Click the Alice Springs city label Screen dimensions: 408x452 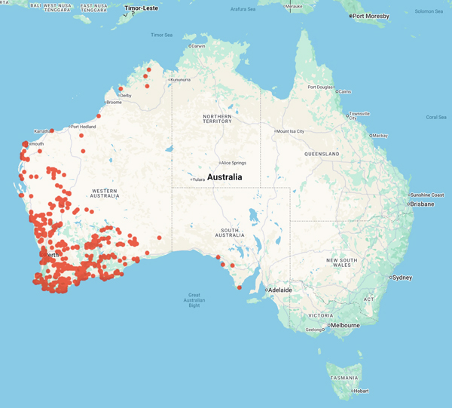pyautogui.click(x=234, y=163)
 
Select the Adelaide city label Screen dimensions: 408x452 pyautogui.click(x=280, y=290)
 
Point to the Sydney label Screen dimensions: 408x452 pyautogui.click(x=402, y=278)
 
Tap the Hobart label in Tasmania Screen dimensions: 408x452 pyautogui.click(x=361, y=391)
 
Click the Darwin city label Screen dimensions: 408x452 pyautogui.click(x=198, y=46)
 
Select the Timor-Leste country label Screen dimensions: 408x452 pyautogui.click(x=141, y=8)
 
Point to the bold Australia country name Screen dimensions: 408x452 pyautogui.click(x=224, y=177)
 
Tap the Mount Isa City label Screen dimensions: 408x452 pyautogui.click(x=291, y=131)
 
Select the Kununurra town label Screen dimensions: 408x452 pyautogui.click(x=181, y=79)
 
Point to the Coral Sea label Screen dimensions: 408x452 pyautogui.click(x=436, y=117)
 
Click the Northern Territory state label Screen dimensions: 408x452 pyautogui.click(x=217, y=118)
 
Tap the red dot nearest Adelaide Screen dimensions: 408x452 pyautogui.click(x=240, y=287)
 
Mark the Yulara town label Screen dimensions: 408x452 pyautogui.click(x=199, y=179)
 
